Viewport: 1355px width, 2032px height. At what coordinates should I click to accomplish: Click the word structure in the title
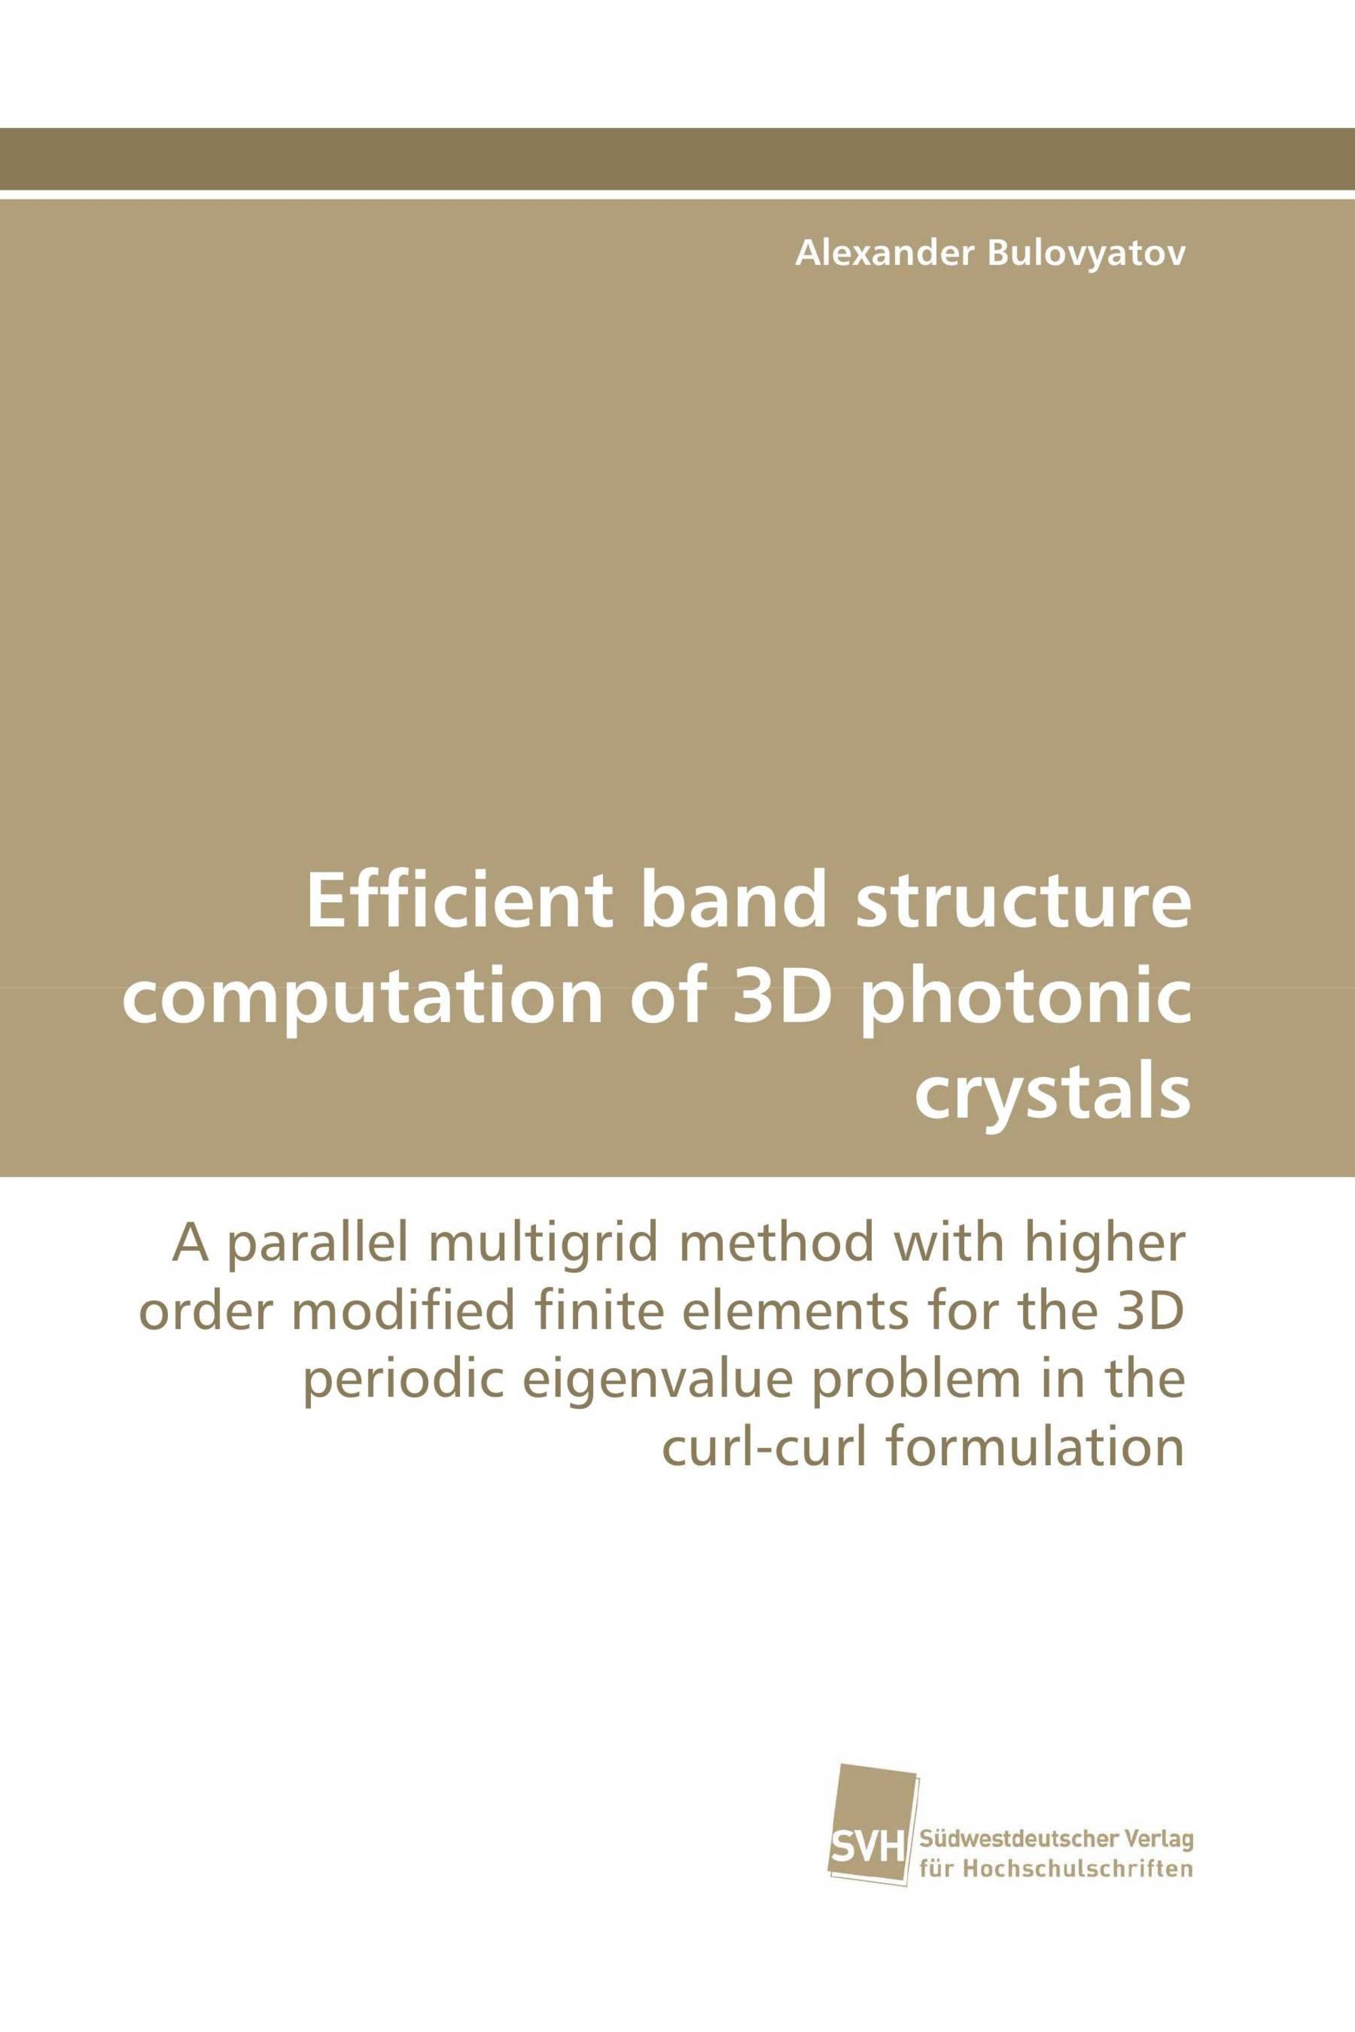[x=1023, y=903]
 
